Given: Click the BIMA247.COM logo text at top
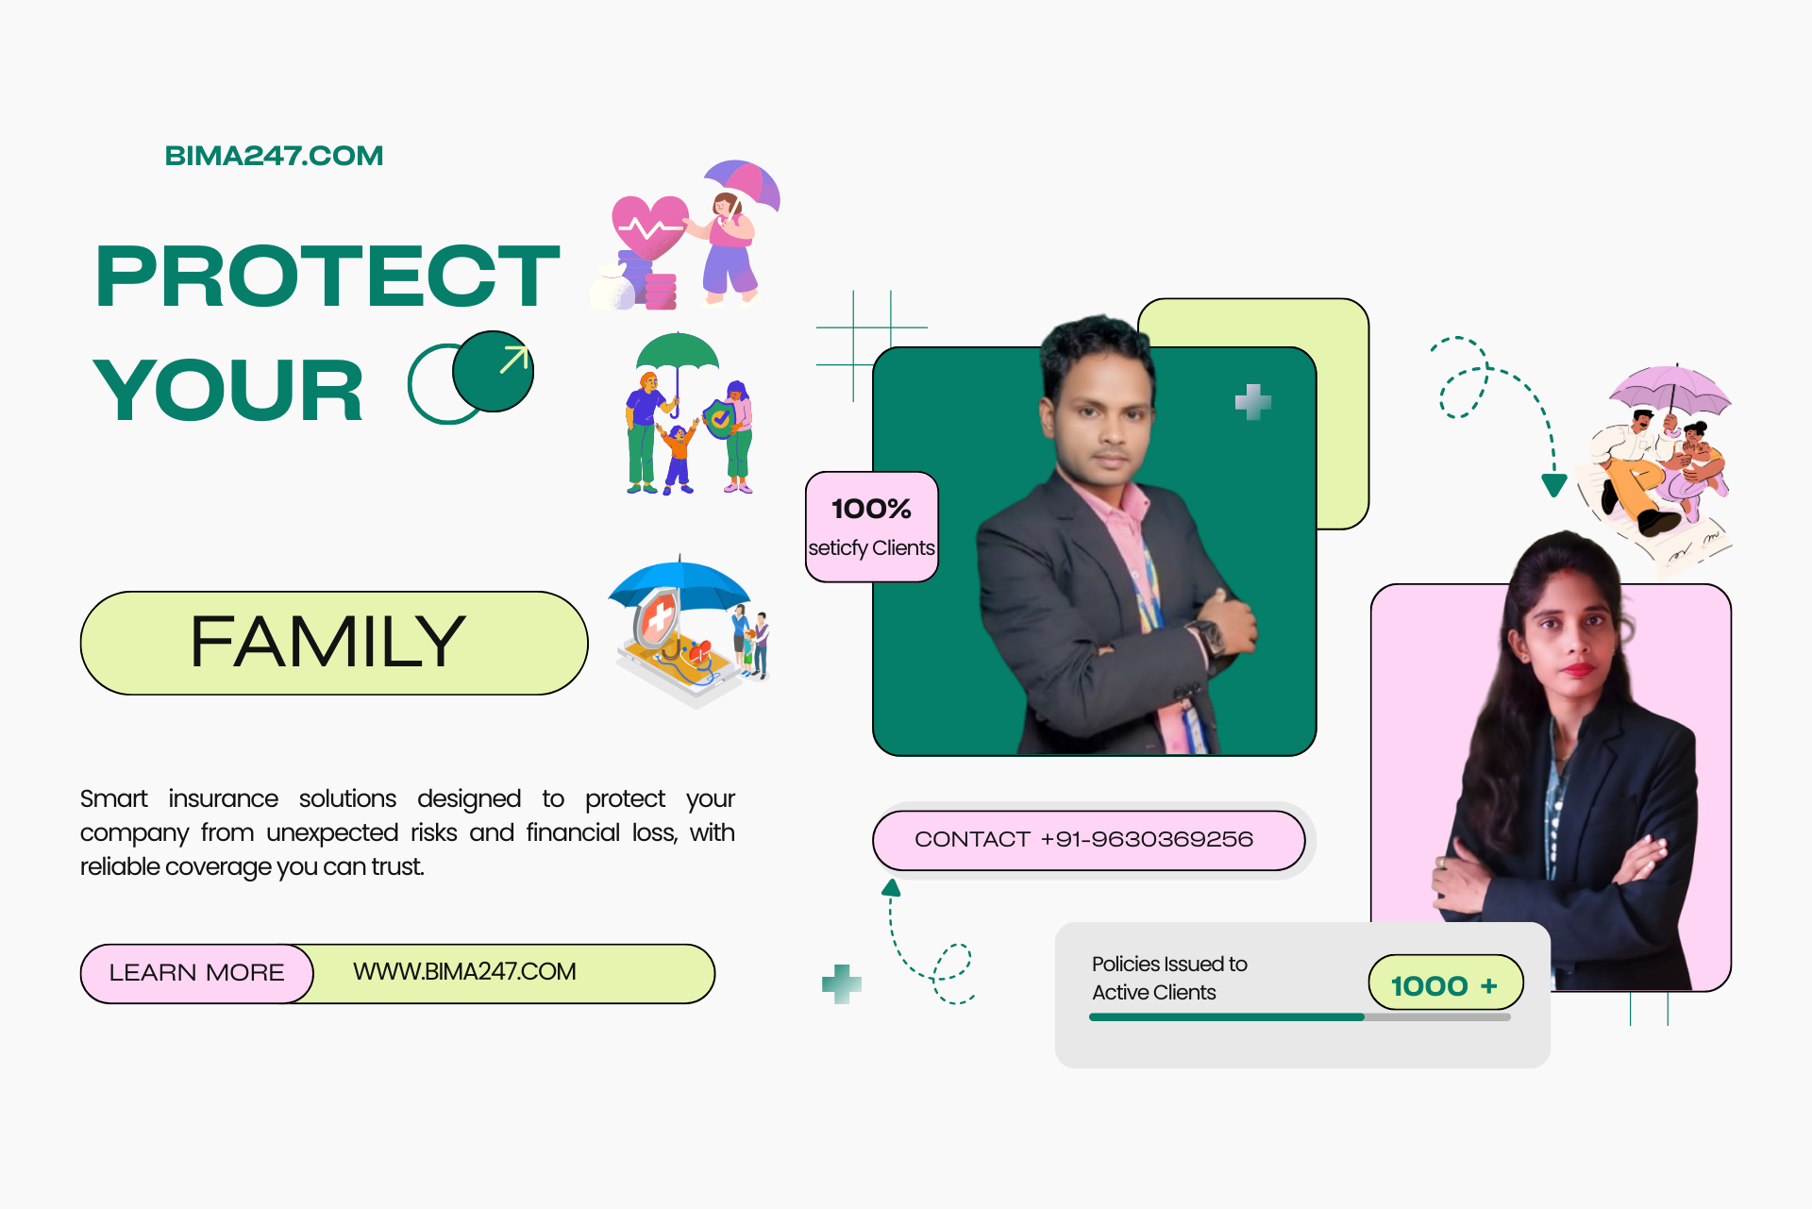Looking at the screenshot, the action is click(274, 156).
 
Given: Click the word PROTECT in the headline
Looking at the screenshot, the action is click(327, 276).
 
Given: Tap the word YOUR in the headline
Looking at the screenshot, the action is click(227, 390).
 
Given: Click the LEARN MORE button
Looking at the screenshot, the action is click(196, 973).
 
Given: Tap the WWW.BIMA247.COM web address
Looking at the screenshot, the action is click(464, 972).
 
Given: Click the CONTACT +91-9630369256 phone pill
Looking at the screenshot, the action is click(1088, 840).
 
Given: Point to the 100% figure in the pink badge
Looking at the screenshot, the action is click(871, 510).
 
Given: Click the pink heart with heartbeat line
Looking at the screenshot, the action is click(650, 227).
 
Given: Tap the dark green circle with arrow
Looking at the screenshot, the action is click(493, 371).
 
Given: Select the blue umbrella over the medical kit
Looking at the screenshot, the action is click(679, 585).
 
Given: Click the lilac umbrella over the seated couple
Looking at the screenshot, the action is click(1670, 389).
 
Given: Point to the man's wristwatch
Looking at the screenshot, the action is click(1208, 635).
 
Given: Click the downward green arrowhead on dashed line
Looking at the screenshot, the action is click(1553, 485).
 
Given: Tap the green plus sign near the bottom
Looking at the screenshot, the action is click(842, 984).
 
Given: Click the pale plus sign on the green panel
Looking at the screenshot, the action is click(1253, 402).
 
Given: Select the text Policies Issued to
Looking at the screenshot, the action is click(1169, 964).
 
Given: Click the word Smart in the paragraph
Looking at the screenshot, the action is click(114, 798).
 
